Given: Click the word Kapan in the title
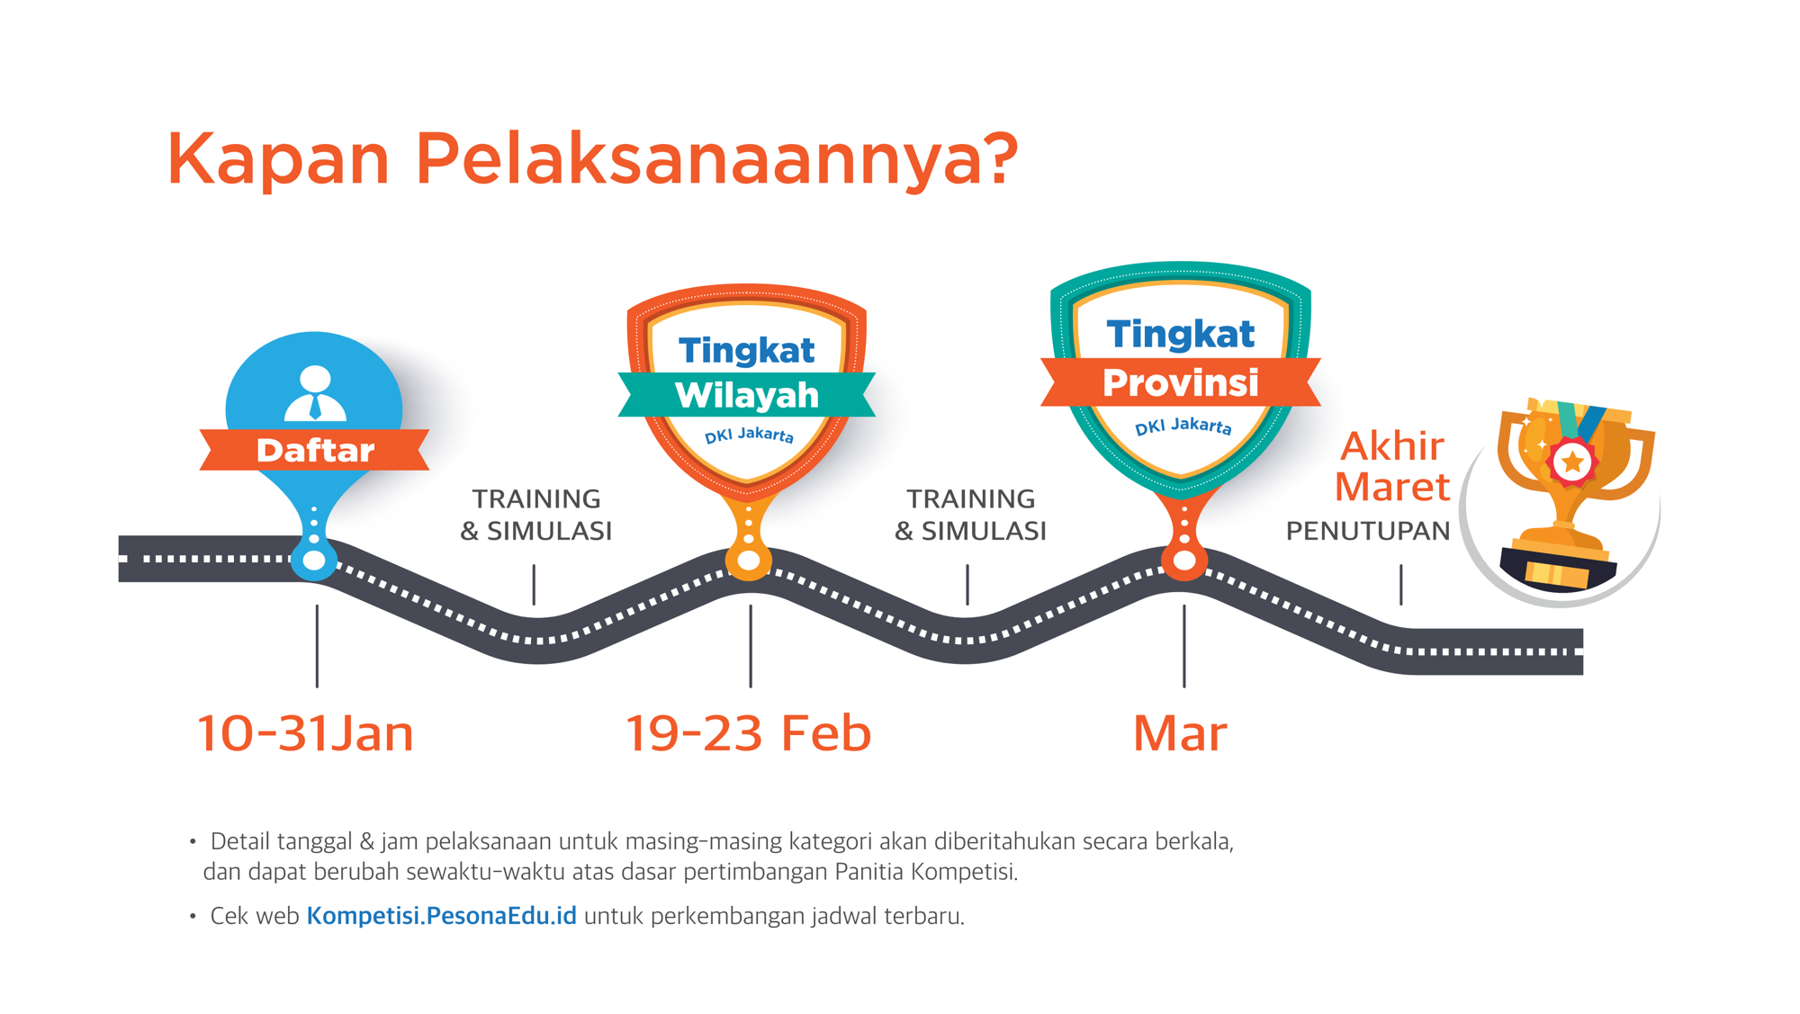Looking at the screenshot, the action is pyautogui.click(x=278, y=159).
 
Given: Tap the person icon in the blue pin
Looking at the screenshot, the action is pyautogui.click(x=315, y=393).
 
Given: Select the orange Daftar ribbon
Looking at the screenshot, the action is pyautogui.click(x=314, y=450).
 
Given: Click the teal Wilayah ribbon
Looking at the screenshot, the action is pyautogui.click(x=747, y=395).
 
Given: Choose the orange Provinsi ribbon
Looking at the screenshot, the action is pyautogui.click(x=1181, y=382).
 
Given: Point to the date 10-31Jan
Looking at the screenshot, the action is pyautogui.click(x=305, y=732).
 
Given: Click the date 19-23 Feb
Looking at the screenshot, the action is pyautogui.click(x=748, y=732).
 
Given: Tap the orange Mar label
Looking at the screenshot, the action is pyautogui.click(x=1180, y=733).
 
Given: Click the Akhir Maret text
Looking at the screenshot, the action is pyautogui.click(x=1392, y=466).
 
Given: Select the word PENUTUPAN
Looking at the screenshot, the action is pyautogui.click(x=1368, y=531).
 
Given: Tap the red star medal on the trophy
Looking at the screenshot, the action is pyautogui.click(x=1572, y=462).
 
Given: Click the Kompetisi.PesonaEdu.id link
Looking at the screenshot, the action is pyautogui.click(x=441, y=916).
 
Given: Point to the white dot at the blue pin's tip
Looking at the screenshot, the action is pyautogui.click(x=314, y=561).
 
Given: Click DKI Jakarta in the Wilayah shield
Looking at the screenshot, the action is pyautogui.click(x=749, y=435).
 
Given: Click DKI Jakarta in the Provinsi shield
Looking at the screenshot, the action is pyautogui.click(x=1183, y=426).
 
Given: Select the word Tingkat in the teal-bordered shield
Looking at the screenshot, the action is pyautogui.click(x=1180, y=334).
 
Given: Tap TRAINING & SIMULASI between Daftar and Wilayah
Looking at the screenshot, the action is pyautogui.click(x=536, y=515).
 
